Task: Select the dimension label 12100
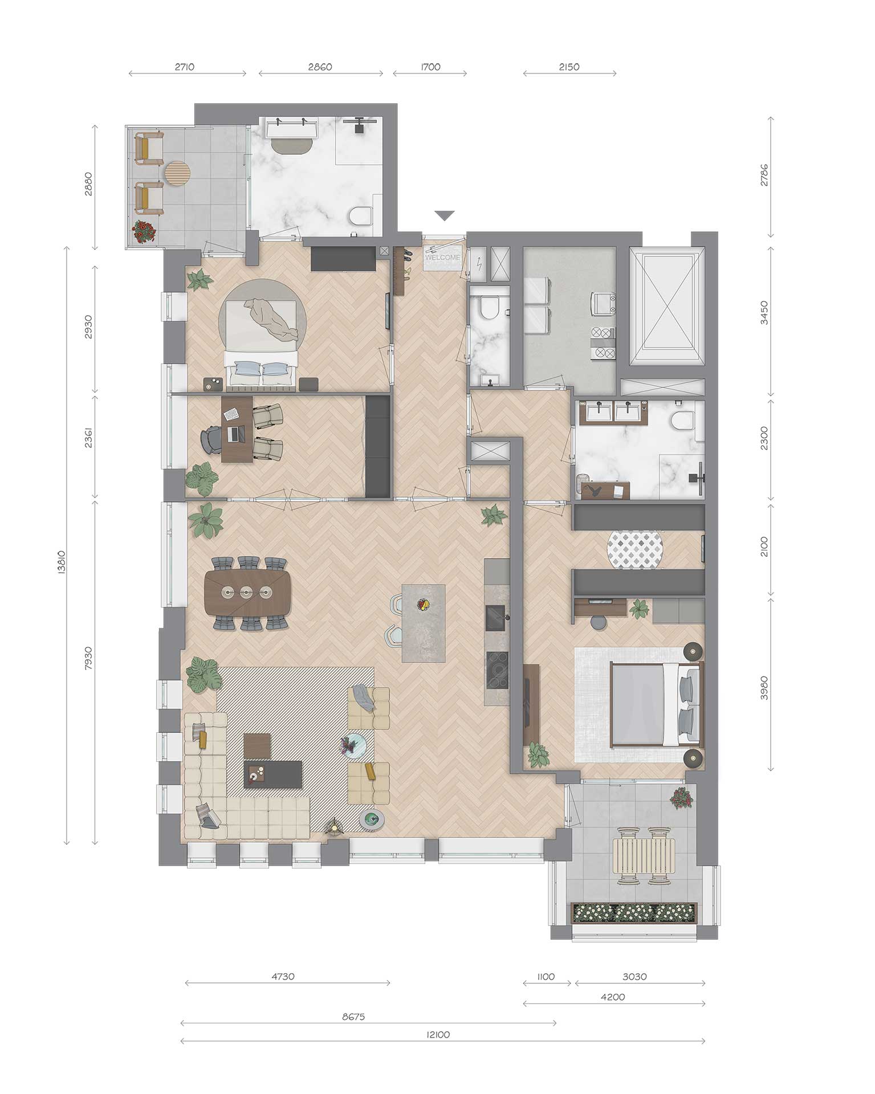(x=438, y=1035)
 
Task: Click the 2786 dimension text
(x=764, y=175)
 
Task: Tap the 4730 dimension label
(x=283, y=977)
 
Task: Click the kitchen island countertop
(x=424, y=623)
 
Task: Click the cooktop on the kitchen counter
(x=496, y=670)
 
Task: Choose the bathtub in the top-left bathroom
(x=292, y=130)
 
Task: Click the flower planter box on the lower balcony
(x=634, y=912)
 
